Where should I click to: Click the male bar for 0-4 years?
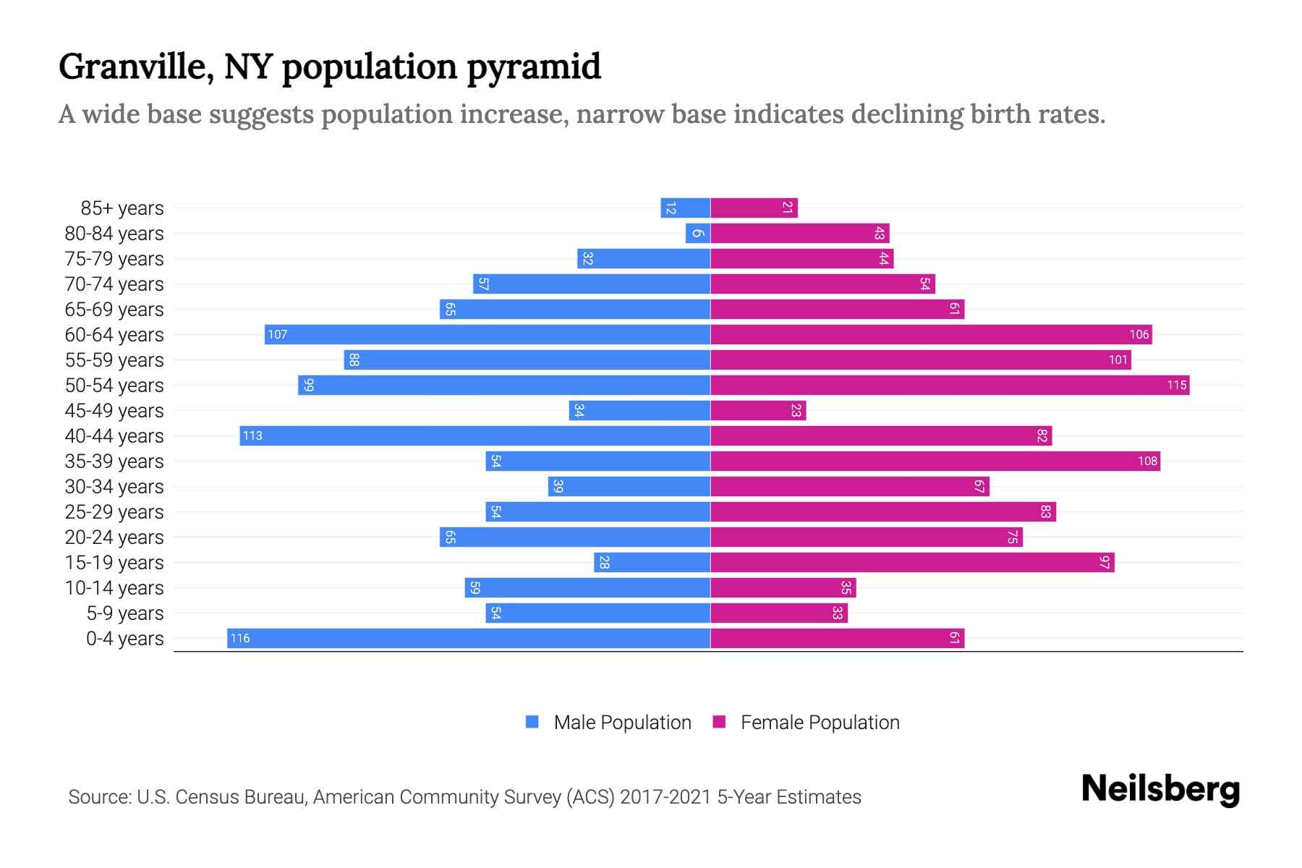469,638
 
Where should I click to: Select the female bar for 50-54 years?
950,385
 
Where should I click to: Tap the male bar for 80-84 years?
698,233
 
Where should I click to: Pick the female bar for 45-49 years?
758,410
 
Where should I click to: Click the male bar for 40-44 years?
475,435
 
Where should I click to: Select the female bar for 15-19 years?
912,562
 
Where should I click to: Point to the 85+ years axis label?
122,208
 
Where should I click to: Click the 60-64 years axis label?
114,335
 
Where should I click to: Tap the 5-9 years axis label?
125,613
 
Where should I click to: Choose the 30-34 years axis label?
114,487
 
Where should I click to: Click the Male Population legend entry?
608,722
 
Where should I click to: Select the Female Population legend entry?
806,722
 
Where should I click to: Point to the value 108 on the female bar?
1147,461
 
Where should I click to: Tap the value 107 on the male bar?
277,334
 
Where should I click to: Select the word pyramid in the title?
533,67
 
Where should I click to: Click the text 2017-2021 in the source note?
665,797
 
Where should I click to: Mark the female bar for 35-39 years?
935,461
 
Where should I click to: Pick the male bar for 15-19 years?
652,562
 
